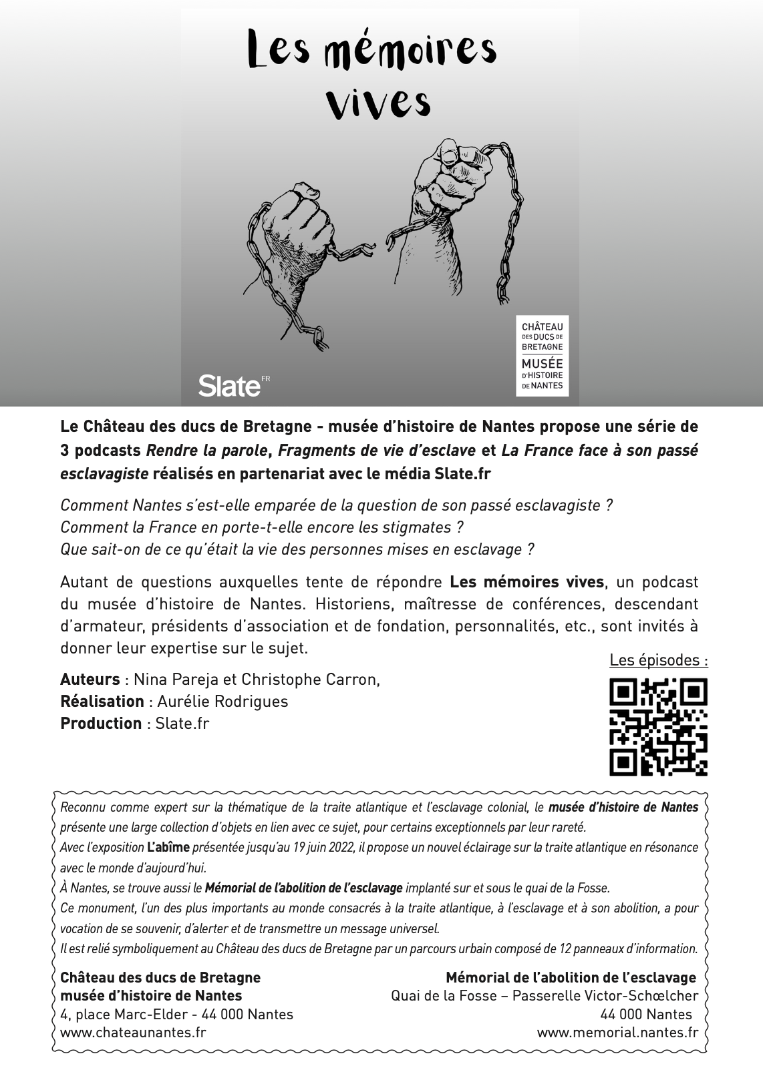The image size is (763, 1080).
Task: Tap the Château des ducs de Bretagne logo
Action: point(542,356)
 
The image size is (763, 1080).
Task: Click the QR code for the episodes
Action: point(658,727)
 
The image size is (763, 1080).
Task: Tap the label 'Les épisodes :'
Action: point(658,660)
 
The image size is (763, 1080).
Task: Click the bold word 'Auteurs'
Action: point(90,680)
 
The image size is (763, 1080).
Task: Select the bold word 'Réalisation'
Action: point(102,702)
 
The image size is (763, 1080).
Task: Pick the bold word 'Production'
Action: point(101,724)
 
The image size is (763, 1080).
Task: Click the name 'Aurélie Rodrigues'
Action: point(222,702)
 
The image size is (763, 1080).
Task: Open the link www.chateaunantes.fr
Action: point(133,1032)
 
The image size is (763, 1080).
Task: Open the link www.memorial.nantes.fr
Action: point(617,1032)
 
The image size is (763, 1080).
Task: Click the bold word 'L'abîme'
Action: point(168,848)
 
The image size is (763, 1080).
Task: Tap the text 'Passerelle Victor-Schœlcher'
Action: point(607,996)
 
